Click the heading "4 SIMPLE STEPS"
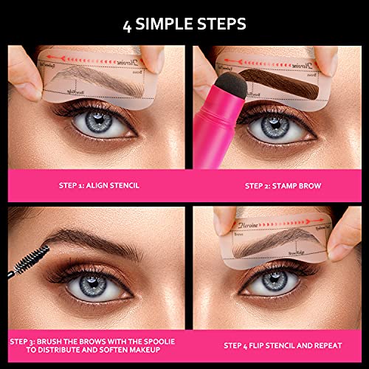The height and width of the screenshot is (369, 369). [x=184, y=24]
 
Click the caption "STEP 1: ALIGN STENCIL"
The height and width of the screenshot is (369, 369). [x=100, y=185]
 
